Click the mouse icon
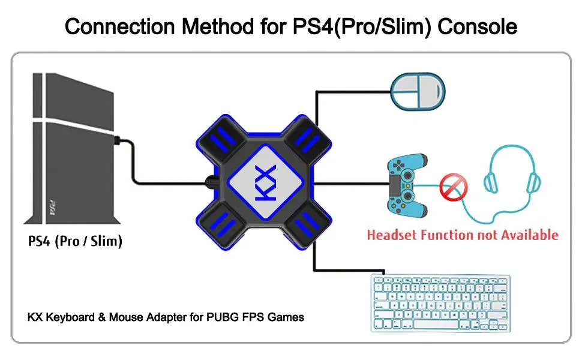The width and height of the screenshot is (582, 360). tap(418, 91)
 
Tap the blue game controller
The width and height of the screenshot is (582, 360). tap(407, 185)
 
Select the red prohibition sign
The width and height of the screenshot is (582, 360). tap(453, 187)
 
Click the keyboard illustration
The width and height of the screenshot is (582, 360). tap(440, 303)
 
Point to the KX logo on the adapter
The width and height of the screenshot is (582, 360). tap(266, 182)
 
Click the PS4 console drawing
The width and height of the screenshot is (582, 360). tap(73, 148)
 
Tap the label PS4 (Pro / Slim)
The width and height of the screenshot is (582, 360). tap(75, 241)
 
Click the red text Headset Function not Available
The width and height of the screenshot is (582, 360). tap(463, 235)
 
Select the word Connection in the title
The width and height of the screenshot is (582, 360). tap(119, 27)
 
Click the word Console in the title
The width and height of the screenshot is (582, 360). tap(478, 27)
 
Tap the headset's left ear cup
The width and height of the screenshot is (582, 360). tap(491, 182)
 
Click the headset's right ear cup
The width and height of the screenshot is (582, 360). tap(534, 182)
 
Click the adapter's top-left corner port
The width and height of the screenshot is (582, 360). tap(222, 139)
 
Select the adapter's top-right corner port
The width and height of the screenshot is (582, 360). tap(308, 139)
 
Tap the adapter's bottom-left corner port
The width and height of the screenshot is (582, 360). tap(222, 225)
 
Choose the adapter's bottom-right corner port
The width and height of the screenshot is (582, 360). tap(308, 225)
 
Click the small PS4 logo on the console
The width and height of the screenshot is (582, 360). tap(53, 208)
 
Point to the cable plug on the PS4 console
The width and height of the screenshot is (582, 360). tap(117, 141)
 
